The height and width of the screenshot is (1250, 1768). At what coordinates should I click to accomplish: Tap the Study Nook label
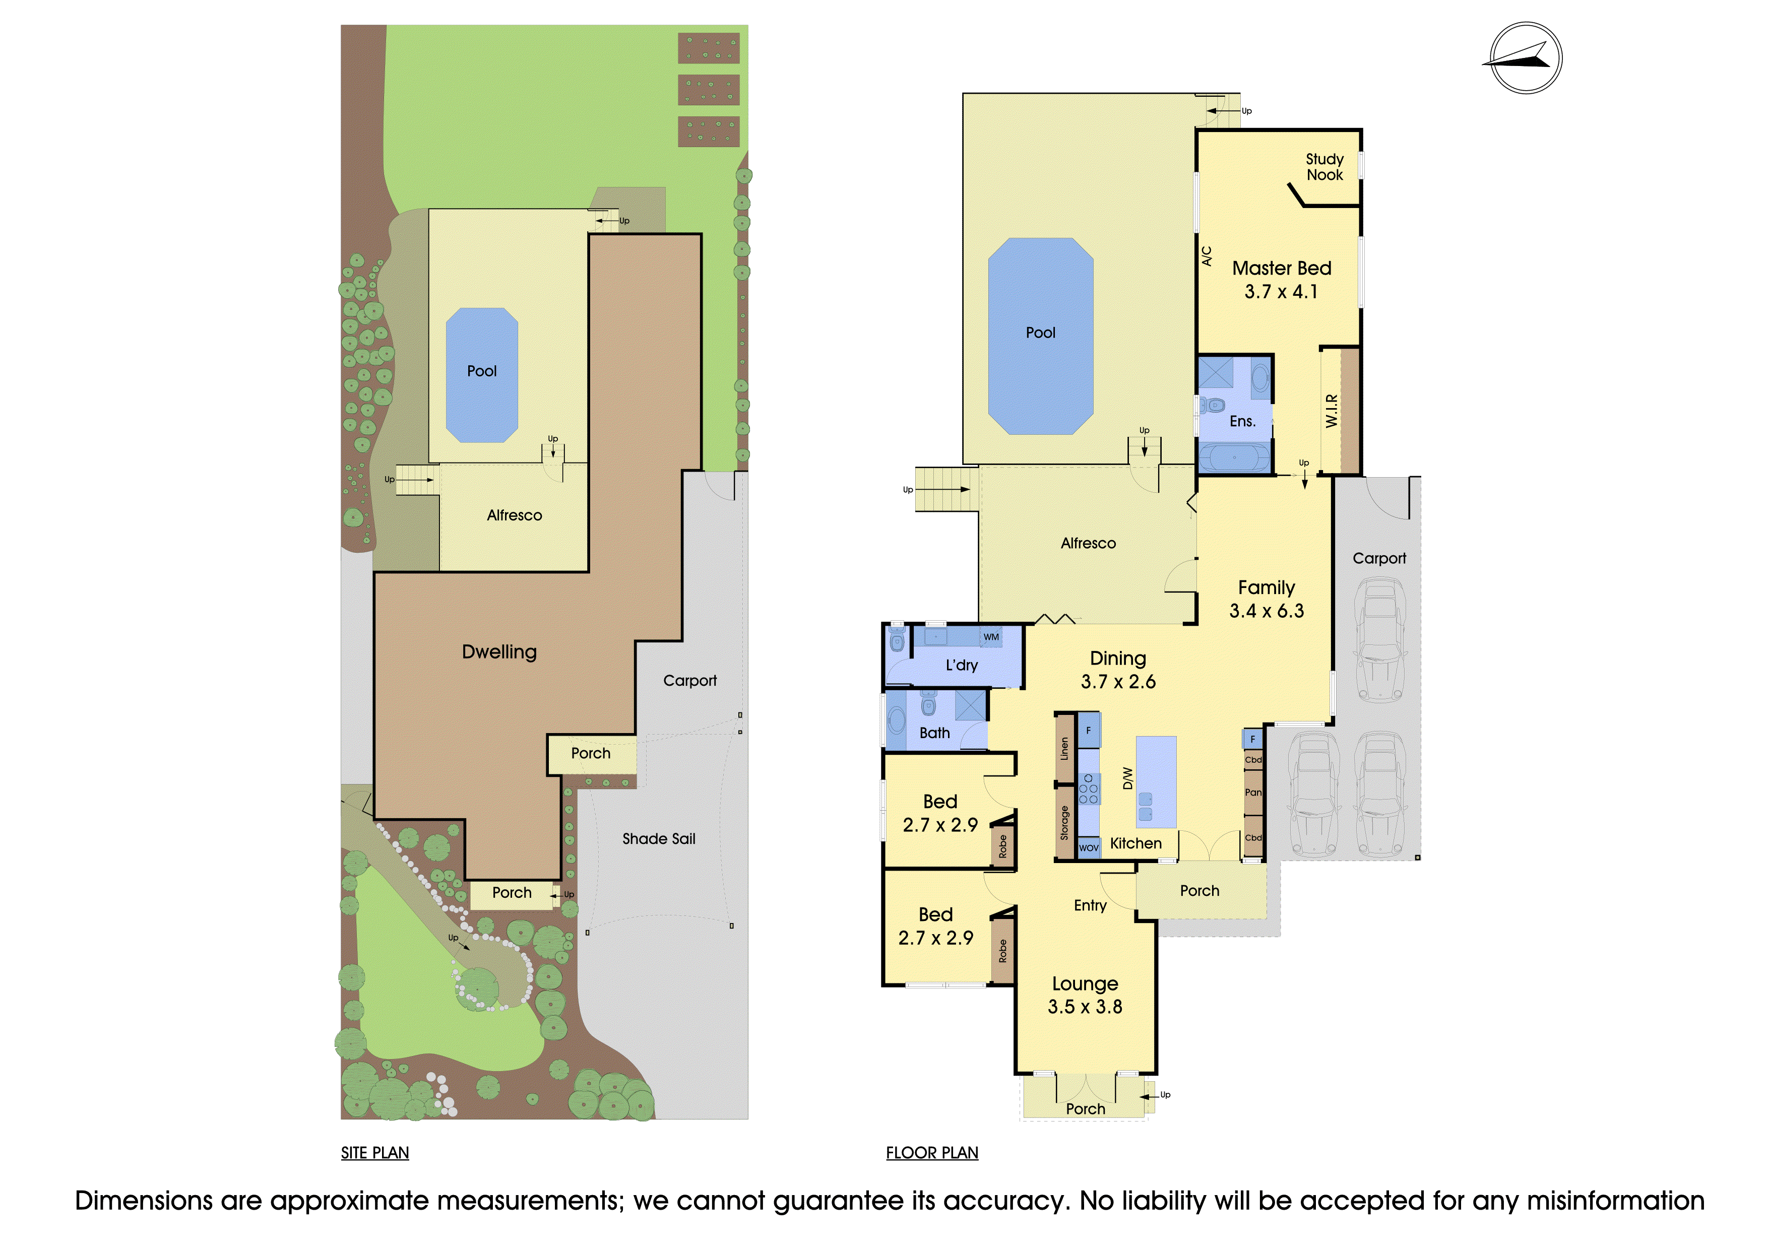1324,167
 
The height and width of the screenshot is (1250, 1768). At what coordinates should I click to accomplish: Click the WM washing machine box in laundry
991,637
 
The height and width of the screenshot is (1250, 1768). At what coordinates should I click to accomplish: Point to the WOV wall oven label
1089,847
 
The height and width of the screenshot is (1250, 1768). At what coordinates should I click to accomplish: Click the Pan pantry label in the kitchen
1253,792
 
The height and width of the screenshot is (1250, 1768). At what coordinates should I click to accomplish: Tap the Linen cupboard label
1064,749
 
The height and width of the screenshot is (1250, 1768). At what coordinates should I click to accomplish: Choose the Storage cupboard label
1064,823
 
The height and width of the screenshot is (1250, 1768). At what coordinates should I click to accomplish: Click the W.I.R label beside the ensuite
1332,411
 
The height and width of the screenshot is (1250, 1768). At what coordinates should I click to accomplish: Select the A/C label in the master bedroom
1207,256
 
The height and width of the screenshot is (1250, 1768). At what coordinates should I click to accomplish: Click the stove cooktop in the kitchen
1088,789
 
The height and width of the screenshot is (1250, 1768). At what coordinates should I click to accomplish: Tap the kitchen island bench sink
1146,806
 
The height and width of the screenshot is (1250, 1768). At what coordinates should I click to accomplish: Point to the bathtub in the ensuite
1234,457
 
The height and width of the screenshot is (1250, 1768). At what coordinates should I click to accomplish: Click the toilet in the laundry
897,639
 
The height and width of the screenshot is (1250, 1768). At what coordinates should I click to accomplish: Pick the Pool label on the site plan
482,371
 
